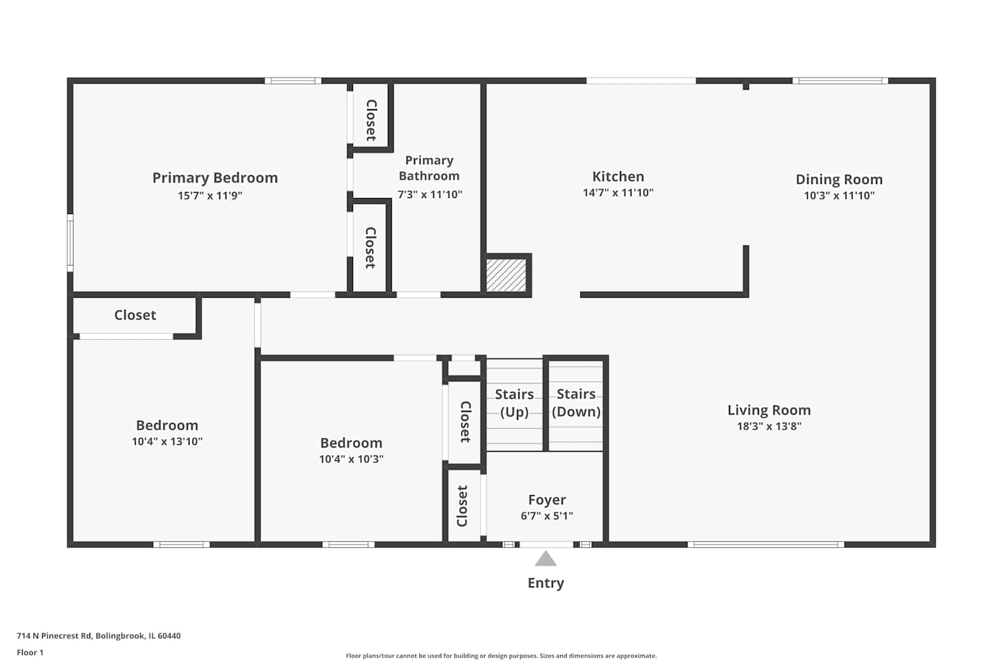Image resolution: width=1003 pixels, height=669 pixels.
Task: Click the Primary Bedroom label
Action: [x=215, y=178]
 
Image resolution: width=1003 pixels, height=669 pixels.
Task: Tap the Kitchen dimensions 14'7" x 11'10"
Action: [x=618, y=193]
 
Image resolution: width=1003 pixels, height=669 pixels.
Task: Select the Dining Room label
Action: [x=839, y=179]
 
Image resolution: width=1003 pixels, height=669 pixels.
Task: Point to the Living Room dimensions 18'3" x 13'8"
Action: [x=769, y=426]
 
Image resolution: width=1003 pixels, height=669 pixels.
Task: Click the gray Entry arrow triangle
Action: [x=546, y=559]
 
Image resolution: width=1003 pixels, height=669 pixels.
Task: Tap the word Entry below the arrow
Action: [x=546, y=583]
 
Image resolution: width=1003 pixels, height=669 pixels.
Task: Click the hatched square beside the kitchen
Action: [x=506, y=276]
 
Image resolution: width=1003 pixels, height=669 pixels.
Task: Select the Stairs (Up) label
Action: [x=514, y=403]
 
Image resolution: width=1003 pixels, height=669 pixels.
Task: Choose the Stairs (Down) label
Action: [x=576, y=403]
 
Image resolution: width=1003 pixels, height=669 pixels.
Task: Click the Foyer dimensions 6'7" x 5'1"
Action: [x=547, y=516]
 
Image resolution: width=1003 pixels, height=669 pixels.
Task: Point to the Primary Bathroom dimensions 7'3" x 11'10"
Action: [x=429, y=195]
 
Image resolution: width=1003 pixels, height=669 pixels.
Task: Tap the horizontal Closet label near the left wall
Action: [x=135, y=315]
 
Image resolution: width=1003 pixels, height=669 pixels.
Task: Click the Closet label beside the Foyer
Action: [x=462, y=506]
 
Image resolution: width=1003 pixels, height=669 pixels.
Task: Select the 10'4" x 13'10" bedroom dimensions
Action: [x=167, y=442]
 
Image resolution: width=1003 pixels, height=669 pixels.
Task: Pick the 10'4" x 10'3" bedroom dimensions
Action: [x=351, y=460]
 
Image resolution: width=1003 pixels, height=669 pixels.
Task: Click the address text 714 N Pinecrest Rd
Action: [x=54, y=636]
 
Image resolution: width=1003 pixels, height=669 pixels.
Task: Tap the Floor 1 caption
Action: [x=30, y=652]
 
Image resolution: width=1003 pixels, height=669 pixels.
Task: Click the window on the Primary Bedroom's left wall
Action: [x=70, y=242]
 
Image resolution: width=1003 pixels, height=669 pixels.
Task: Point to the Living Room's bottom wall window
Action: [x=766, y=545]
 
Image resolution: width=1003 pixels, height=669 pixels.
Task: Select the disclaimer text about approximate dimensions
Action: [x=501, y=656]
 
